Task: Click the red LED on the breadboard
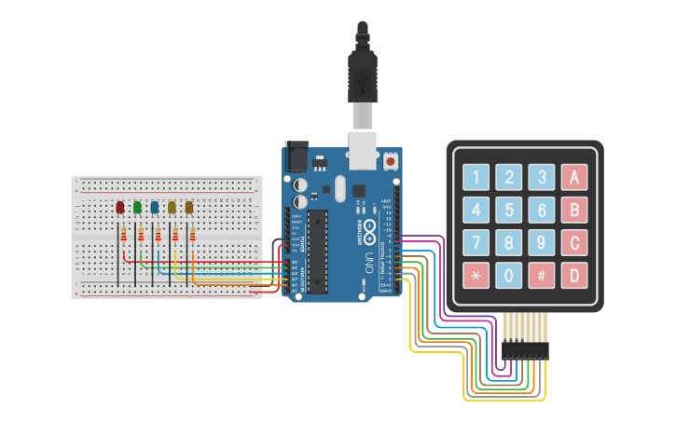(x=120, y=207)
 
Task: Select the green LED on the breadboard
(x=138, y=207)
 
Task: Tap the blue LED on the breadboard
(x=155, y=207)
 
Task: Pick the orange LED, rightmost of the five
(x=189, y=207)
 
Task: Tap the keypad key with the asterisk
(x=476, y=276)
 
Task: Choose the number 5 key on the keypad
(x=509, y=210)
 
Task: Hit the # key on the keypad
(x=542, y=276)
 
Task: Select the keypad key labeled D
(x=574, y=276)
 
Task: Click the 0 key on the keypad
(x=509, y=276)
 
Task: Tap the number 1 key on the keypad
(x=476, y=177)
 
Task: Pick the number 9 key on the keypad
(x=542, y=243)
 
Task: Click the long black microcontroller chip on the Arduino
(x=318, y=250)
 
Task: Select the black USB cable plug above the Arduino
(x=362, y=75)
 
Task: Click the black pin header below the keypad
(x=526, y=350)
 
